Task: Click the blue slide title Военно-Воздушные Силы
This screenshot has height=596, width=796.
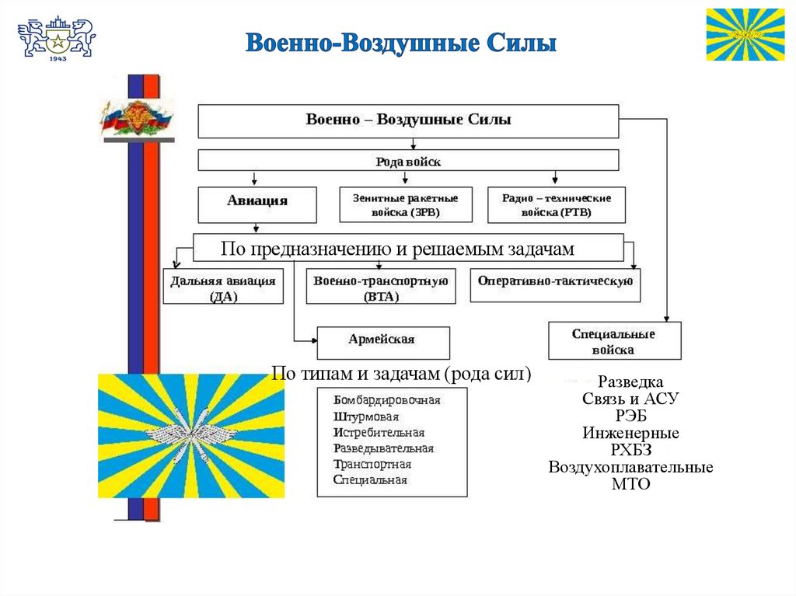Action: click(x=401, y=43)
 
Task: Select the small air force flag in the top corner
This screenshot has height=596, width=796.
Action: click(x=745, y=34)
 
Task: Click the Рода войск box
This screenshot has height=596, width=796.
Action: click(x=408, y=161)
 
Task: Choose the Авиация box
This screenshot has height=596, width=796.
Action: click(x=257, y=204)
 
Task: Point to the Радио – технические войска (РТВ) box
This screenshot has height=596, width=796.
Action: click(x=557, y=204)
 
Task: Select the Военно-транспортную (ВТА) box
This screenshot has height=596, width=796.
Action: click(x=381, y=286)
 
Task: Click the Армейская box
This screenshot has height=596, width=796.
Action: click(x=382, y=341)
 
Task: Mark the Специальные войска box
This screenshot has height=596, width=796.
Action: click(x=614, y=341)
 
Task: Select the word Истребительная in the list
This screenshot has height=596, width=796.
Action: click(x=379, y=432)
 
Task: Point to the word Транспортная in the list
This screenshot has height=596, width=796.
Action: click(x=372, y=464)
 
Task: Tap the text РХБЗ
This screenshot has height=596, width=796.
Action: click(x=630, y=450)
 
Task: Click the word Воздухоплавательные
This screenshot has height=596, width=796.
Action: click(x=630, y=467)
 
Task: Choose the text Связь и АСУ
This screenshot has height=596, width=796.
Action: click(x=630, y=399)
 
